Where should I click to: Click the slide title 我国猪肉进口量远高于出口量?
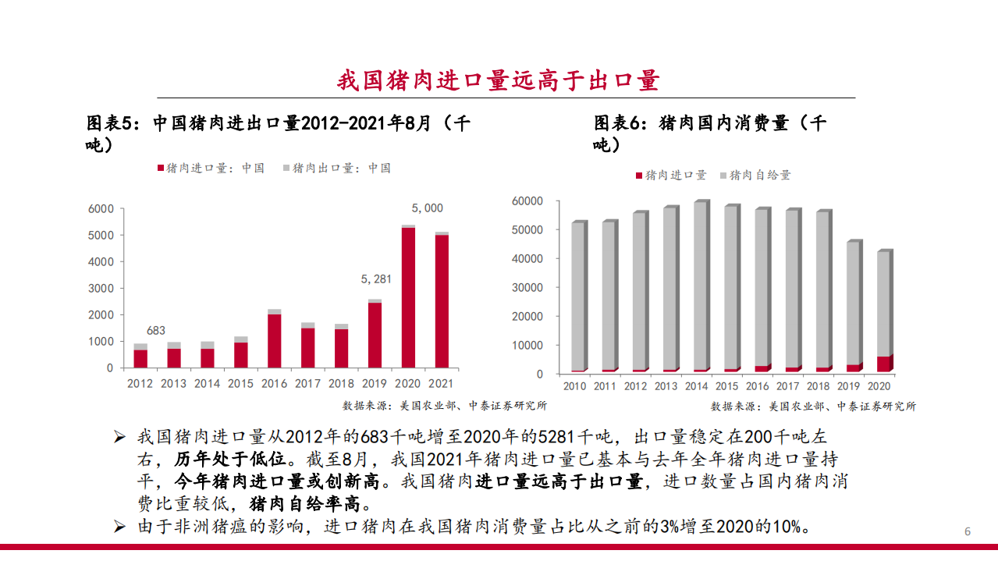(x=499, y=80)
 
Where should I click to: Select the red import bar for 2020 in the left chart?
(x=408, y=297)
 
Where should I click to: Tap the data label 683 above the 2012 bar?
(x=156, y=331)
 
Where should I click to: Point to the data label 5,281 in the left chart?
(x=375, y=279)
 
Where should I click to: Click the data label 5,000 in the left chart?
(x=427, y=208)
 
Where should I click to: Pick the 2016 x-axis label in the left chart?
(x=275, y=384)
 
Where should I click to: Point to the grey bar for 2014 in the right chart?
(x=700, y=285)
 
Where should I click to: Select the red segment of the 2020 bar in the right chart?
(x=883, y=364)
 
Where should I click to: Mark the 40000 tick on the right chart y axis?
(x=527, y=258)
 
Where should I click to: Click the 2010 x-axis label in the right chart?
(x=574, y=386)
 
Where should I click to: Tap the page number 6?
(x=968, y=532)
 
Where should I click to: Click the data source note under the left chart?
(x=445, y=406)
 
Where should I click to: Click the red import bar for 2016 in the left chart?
(x=275, y=341)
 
